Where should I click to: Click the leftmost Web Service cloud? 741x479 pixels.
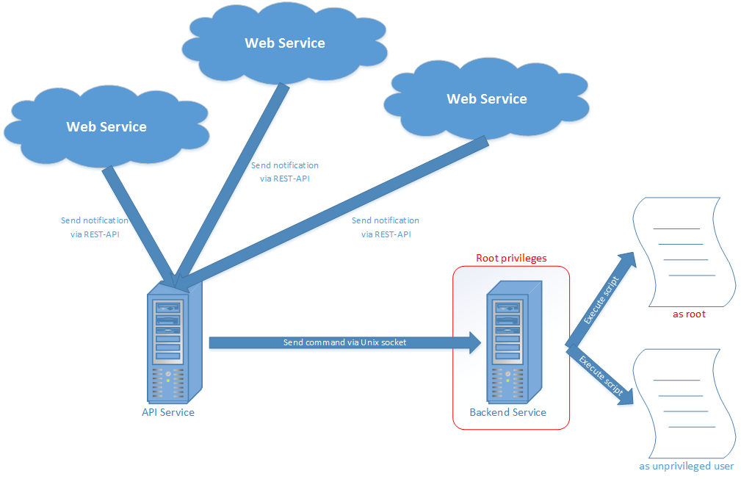click(x=106, y=126)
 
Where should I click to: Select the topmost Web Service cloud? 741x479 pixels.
click(x=284, y=43)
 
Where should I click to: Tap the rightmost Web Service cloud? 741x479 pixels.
click(x=486, y=98)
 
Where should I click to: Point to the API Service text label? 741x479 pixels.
click(x=168, y=412)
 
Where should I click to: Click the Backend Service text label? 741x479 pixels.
click(x=508, y=412)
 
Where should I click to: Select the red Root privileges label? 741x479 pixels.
click(x=511, y=258)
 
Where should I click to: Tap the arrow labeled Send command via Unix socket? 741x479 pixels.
click(x=345, y=342)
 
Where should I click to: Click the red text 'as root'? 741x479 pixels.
click(x=689, y=314)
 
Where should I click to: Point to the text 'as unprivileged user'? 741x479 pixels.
click(x=686, y=466)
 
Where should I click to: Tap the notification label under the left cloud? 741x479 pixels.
click(x=94, y=227)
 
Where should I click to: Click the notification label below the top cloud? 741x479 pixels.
click(x=285, y=172)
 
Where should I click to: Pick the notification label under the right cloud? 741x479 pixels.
click(x=386, y=227)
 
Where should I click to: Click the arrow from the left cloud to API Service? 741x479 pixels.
click(x=140, y=225)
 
